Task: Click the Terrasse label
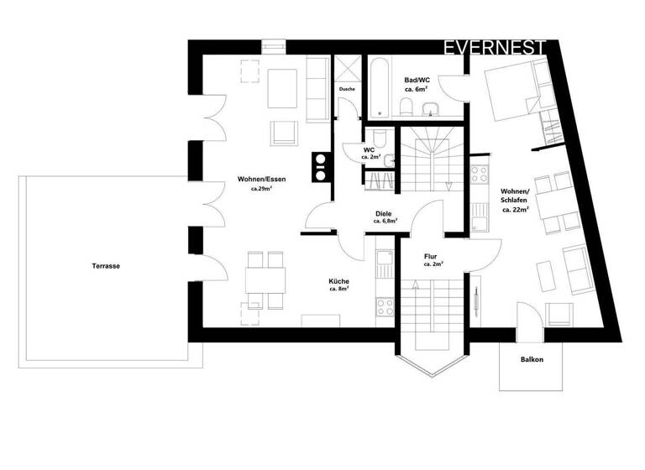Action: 107,266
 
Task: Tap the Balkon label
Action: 532,360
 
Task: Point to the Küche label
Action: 339,281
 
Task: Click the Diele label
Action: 384,214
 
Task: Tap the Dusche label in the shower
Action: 348,88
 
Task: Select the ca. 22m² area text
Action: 514,211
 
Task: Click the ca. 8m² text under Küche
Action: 339,290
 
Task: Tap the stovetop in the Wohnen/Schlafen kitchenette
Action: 481,175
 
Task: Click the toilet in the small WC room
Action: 380,140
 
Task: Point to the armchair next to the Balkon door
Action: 558,313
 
